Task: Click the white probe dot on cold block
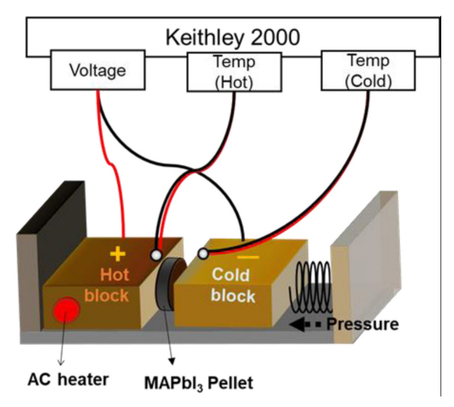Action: (x=201, y=253)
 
